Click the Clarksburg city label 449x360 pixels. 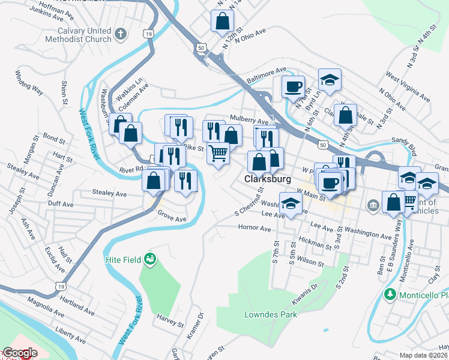[x=268, y=179]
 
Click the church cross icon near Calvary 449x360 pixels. [x=121, y=33]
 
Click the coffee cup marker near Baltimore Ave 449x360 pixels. [x=293, y=86]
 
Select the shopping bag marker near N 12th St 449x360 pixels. [x=222, y=21]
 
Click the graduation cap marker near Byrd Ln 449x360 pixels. [x=330, y=79]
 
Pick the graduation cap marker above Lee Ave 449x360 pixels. [x=291, y=204]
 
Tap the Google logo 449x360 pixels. [x=20, y=353]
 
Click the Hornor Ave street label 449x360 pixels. [x=255, y=227]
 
